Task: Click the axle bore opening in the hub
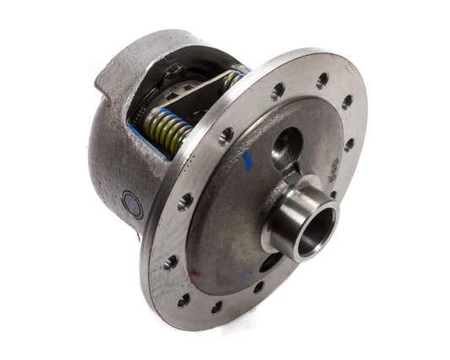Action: pos(315,221)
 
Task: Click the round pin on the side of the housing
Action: pos(132,204)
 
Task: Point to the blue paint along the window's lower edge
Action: pos(144,139)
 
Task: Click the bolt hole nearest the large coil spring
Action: pos(226,134)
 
